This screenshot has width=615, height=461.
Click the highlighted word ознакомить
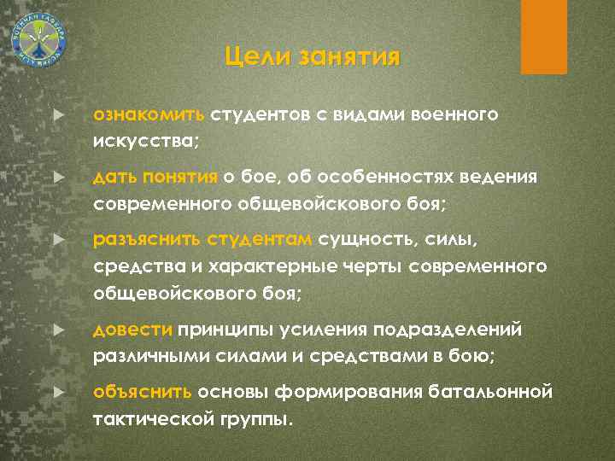[x=149, y=114]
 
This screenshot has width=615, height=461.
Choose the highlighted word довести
[x=133, y=329]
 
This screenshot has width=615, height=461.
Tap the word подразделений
[x=453, y=329]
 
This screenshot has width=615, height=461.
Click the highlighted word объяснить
[x=143, y=394]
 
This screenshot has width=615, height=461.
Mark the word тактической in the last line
[x=143, y=418]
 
